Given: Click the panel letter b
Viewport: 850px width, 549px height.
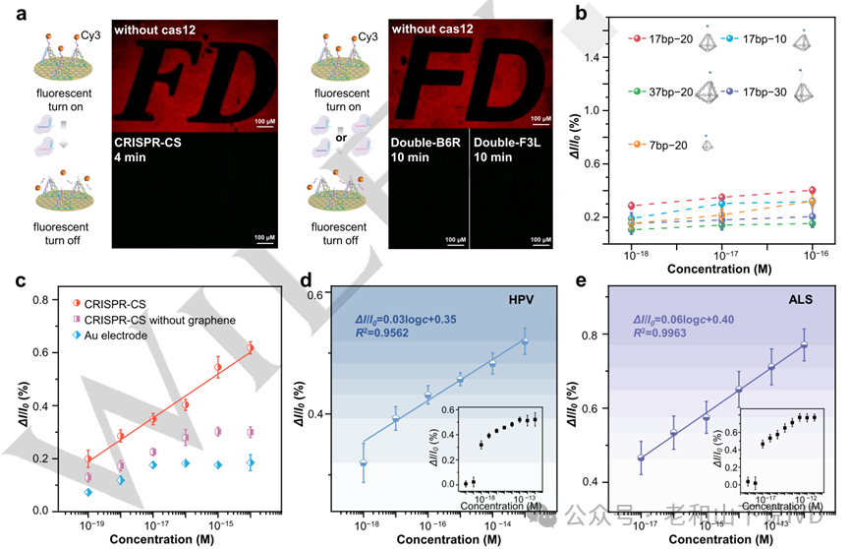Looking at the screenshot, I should [x=583, y=13].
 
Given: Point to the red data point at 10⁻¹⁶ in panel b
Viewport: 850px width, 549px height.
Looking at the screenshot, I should [x=812, y=190].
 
